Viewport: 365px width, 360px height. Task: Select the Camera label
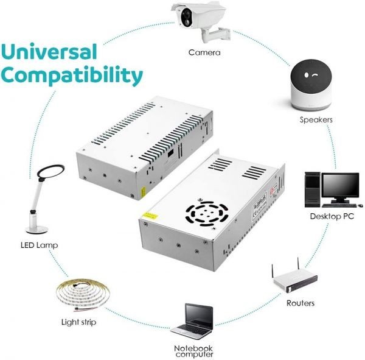(x=204, y=52)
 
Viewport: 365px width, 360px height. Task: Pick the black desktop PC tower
(x=312, y=189)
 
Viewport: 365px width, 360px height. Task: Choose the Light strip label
(x=78, y=322)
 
